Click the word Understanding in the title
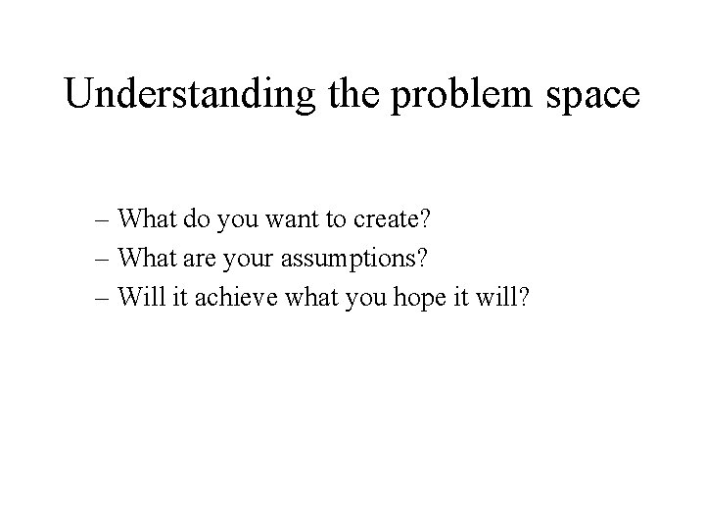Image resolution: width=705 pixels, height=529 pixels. coord(187,95)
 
